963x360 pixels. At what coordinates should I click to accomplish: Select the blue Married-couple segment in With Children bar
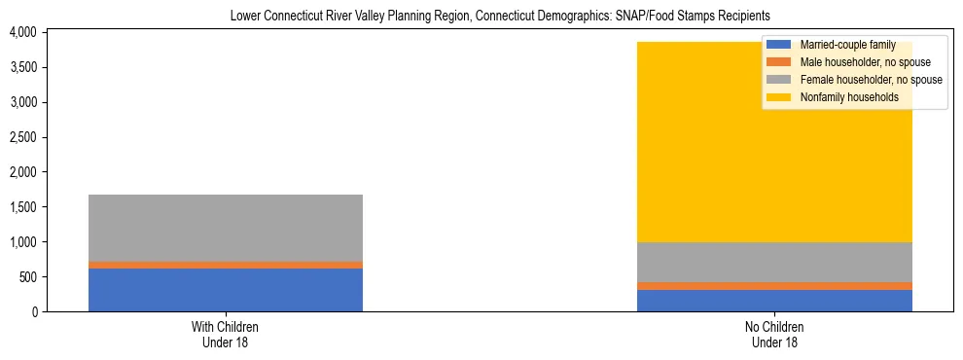pyautogui.click(x=226, y=290)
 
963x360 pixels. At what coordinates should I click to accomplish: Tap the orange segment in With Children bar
pyautogui.click(x=226, y=265)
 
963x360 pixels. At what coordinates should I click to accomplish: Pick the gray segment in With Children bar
pyautogui.click(x=226, y=228)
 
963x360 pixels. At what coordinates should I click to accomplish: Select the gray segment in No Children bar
pyautogui.click(x=774, y=262)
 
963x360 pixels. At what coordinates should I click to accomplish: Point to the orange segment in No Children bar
pyautogui.click(x=774, y=286)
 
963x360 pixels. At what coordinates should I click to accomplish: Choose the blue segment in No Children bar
pyautogui.click(x=774, y=301)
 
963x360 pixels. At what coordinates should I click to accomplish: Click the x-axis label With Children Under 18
pyautogui.click(x=226, y=335)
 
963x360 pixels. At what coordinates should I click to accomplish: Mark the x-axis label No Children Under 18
pyautogui.click(x=774, y=335)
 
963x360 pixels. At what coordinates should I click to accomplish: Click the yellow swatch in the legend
pyautogui.click(x=779, y=97)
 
